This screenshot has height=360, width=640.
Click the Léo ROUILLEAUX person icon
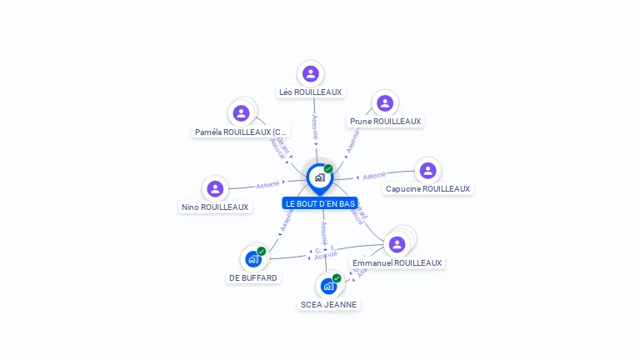[311, 73]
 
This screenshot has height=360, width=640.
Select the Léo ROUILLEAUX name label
[311, 92]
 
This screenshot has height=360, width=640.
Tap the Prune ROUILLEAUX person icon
[384, 102]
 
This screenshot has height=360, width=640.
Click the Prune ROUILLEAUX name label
[385, 122]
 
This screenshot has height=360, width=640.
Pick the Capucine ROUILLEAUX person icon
[427, 170]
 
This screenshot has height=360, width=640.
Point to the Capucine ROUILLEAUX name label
[428, 189]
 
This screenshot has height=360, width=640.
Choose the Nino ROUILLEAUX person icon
[215, 188]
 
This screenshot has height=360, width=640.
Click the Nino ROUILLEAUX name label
[215, 207]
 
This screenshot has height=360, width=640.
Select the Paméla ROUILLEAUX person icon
[241, 112]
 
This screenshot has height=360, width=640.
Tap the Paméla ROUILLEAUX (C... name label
[241, 132]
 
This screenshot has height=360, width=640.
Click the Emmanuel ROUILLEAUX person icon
[397, 244]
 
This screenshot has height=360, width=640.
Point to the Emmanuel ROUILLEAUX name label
[397, 263]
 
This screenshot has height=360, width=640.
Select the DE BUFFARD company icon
[253, 259]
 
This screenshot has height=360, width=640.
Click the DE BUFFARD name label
[253, 278]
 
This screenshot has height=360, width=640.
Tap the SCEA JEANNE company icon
[328, 286]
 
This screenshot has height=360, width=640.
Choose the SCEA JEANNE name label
[328, 305]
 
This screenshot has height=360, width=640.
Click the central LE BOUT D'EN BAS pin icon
[319, 177]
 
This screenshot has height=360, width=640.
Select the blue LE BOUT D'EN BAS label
[320, 203]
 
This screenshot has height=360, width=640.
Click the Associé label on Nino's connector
[267, 184]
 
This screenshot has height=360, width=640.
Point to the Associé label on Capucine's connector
[374, 176]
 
